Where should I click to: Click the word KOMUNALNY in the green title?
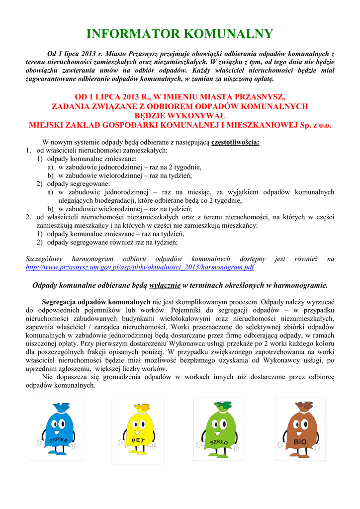tap(229, 34)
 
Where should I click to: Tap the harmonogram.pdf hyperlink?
tap(140, 267)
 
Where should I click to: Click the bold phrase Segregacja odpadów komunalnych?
tap(96, 302)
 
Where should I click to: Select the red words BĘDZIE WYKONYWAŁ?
tap(180, 116)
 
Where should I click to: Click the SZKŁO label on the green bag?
tap(219, 441)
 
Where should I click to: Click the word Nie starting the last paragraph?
tap(48, 377)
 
